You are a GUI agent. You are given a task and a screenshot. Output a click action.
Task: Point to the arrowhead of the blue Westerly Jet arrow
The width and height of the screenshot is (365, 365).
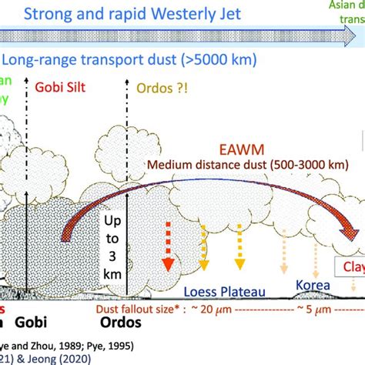[x=357, y=35]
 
